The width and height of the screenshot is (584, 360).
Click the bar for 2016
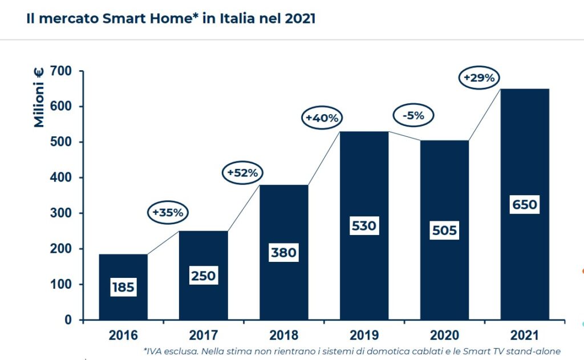123,268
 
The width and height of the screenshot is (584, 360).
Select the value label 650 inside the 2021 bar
525,204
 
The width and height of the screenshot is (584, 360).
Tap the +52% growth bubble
242,172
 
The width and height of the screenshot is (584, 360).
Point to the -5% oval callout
413,115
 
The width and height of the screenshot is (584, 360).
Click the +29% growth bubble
480,78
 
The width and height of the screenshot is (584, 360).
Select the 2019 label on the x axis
364,335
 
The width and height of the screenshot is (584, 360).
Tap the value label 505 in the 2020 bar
444,230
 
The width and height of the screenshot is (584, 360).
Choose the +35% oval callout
168,212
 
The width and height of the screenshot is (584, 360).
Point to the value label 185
123,286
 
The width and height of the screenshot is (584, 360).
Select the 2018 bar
283,228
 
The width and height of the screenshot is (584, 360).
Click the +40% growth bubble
322,118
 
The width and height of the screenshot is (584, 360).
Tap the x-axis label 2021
525,335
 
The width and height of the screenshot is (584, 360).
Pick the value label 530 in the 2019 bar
364,225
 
